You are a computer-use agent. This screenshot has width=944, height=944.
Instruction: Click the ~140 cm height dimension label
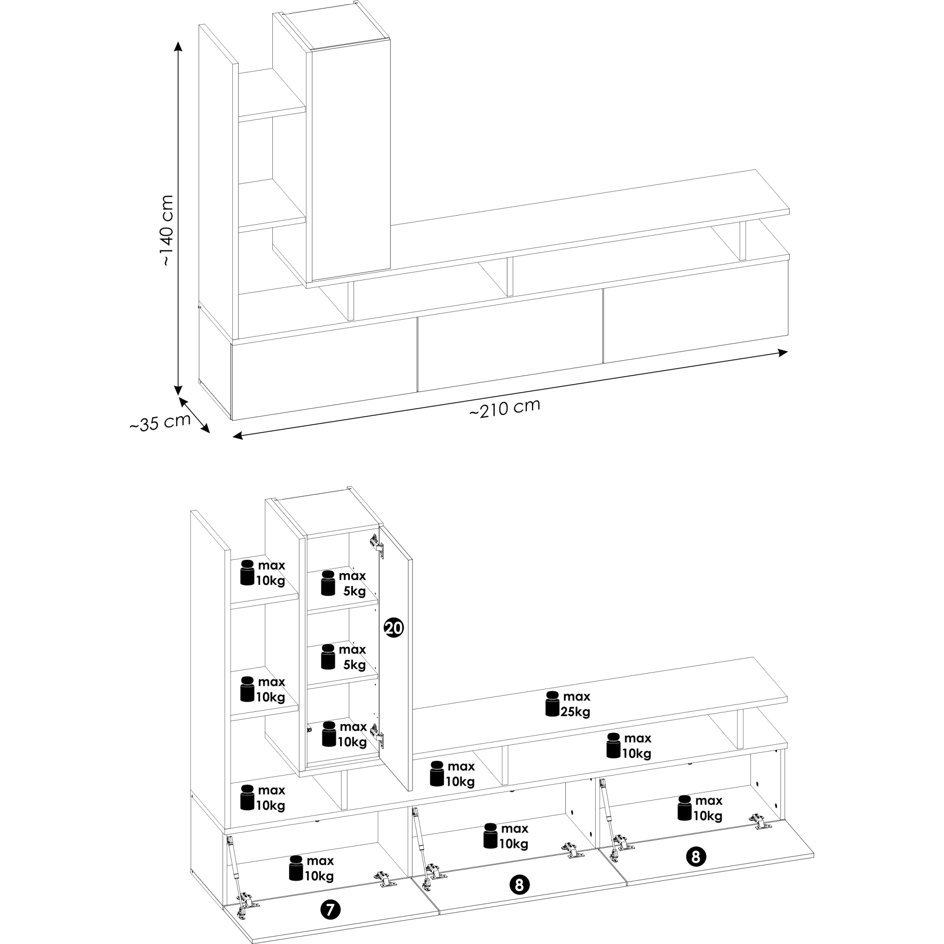pyautogui.click(x=167, y=230)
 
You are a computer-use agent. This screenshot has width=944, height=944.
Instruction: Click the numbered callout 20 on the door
pyautogui.click(x=394, y=627)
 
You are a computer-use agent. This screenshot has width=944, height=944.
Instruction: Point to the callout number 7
pyautogui.click(x=330, y=910)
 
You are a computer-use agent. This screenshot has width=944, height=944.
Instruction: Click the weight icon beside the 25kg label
pyautogui.click(x=552, y=704)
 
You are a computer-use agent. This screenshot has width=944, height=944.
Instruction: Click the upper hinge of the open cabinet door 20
pyautogui.click(x=375, y=543)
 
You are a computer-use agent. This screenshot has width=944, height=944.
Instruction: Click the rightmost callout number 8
pyautogui.click(x=696, y=857)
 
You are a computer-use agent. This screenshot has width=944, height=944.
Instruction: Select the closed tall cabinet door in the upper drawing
pyautogui.click(x=351, y=160)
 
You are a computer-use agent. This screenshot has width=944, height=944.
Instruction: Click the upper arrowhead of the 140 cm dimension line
pyautogui.click(x=178, y=46)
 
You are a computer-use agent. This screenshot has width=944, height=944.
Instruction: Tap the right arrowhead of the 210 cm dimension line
pyautogui.click(x=782, y=352)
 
